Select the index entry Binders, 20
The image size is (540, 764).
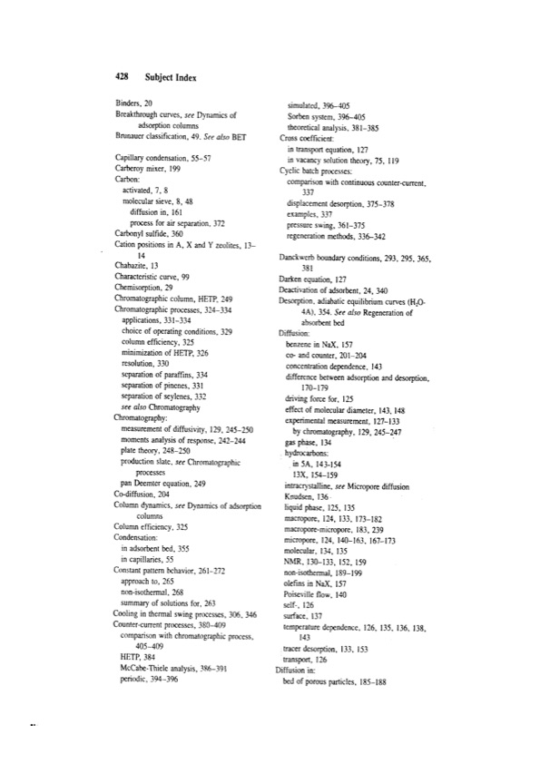pos(138,104)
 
